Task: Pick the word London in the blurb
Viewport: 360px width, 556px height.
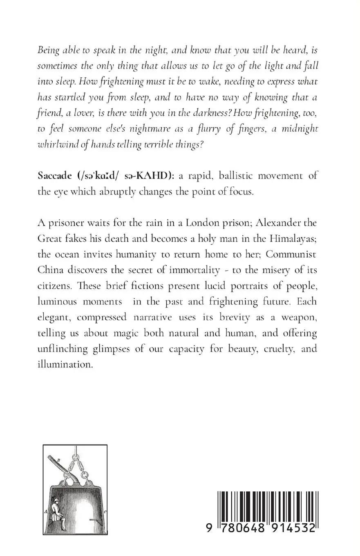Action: [206, 223]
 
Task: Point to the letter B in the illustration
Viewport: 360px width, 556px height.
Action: [59, 460]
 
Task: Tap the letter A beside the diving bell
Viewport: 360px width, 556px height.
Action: [46, 511]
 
